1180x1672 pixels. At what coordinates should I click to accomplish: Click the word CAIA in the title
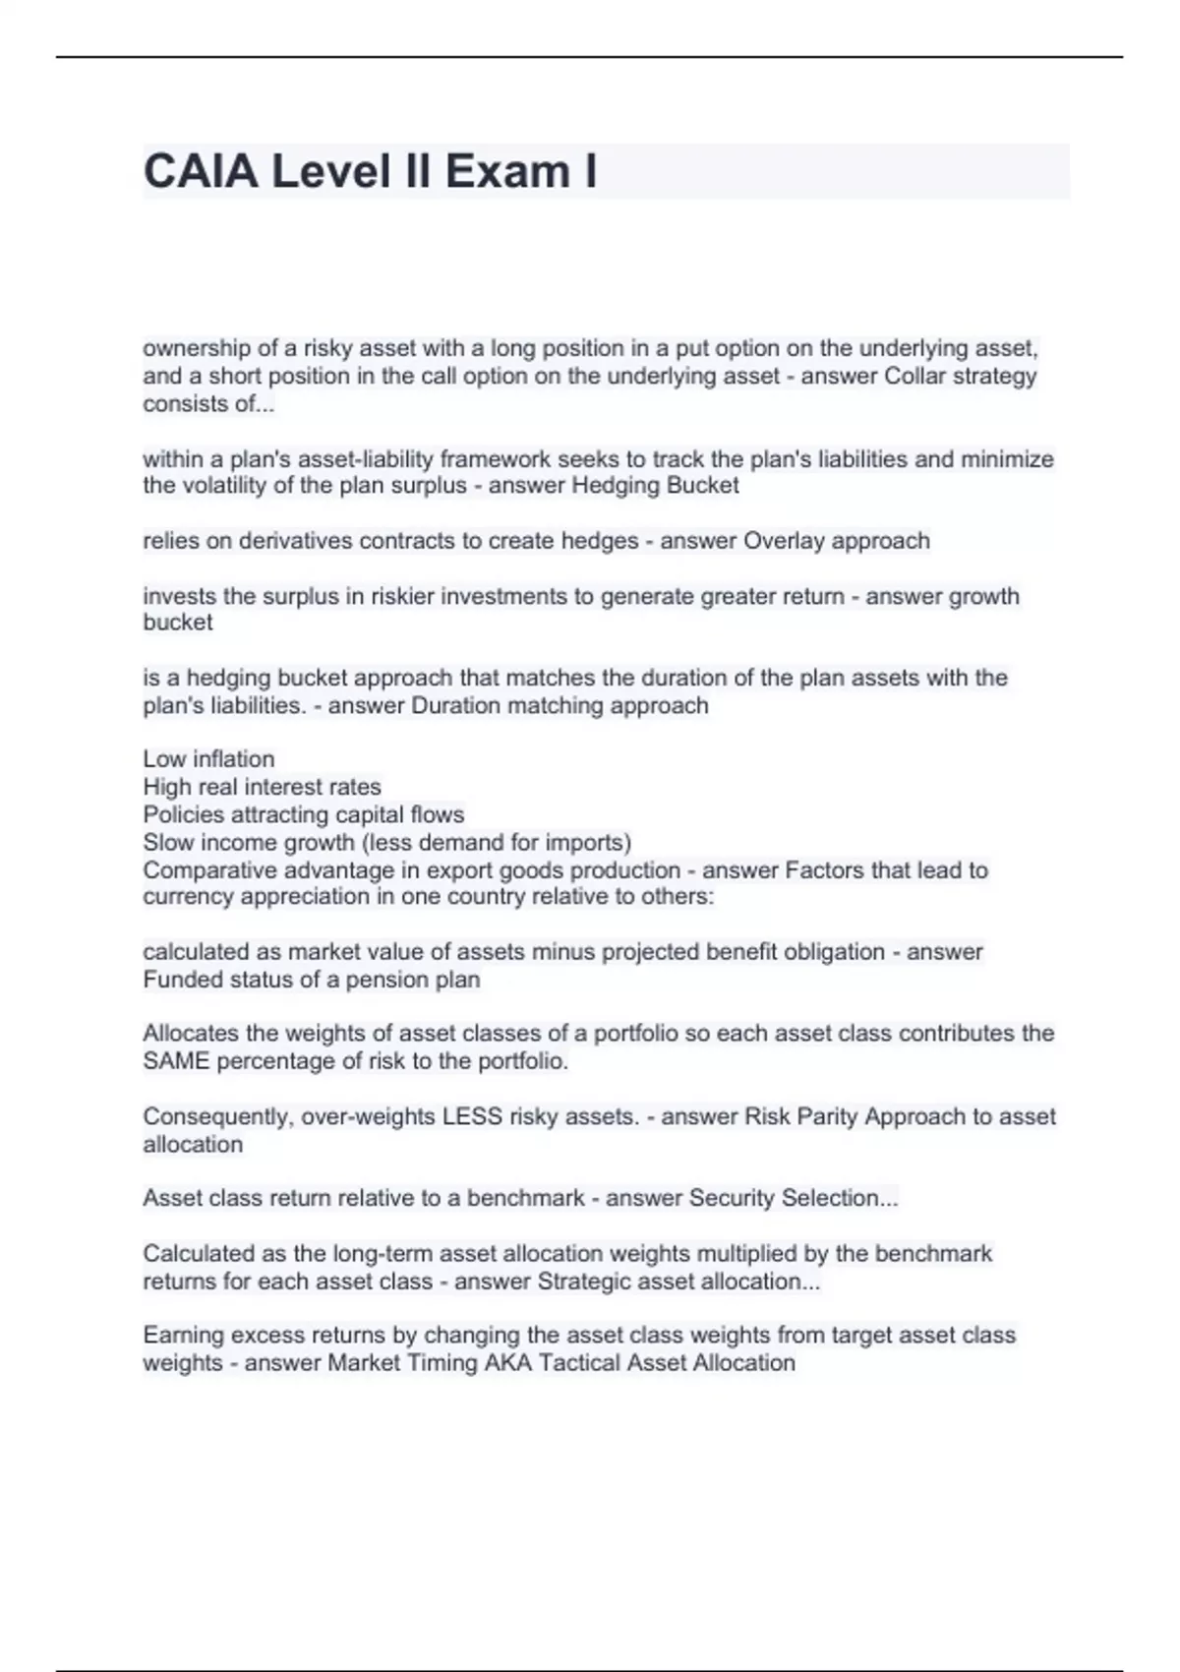202,171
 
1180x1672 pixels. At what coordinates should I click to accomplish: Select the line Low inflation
208,759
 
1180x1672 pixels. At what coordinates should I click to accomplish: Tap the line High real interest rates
262,787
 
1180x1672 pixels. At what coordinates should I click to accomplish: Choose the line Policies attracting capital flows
303,814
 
